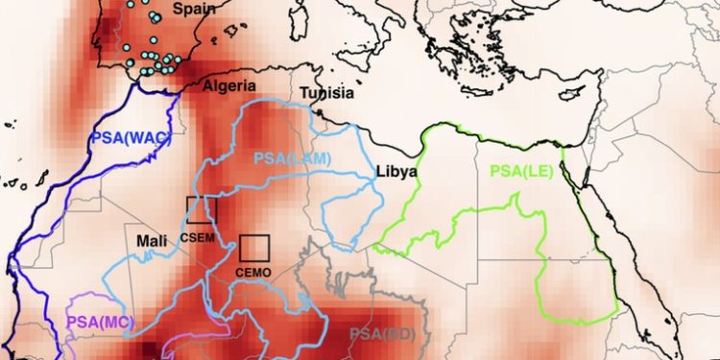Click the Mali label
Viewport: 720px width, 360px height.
click(155, 240)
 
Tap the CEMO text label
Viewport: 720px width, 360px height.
click(254, 273)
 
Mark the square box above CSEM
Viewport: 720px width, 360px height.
click(202, 210)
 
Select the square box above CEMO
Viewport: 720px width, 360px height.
click(254, 248)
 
